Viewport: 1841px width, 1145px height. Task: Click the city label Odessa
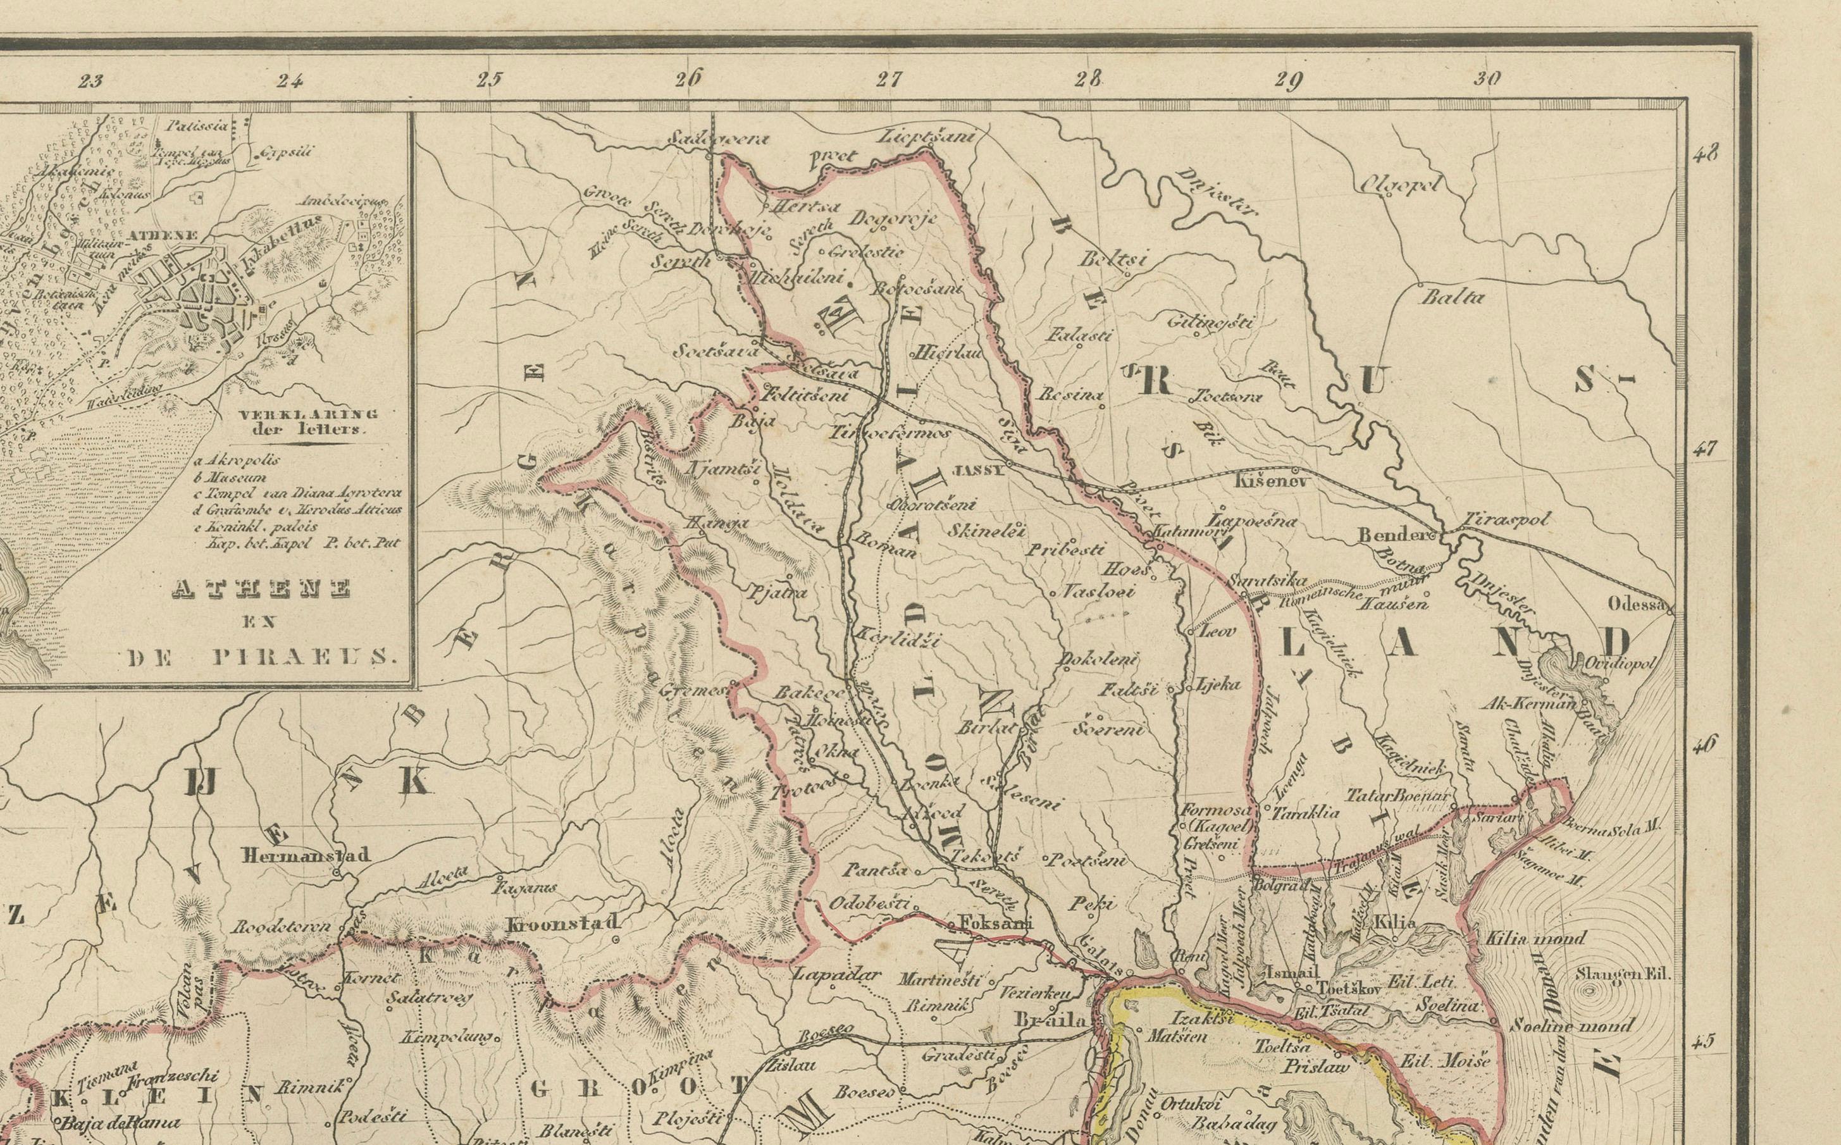click(1637, 604)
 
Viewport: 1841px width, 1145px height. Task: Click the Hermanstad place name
click(305, 856)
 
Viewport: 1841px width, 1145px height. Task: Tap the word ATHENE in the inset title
click(261, 589)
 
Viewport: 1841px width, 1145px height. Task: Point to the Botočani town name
click(918, 289)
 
